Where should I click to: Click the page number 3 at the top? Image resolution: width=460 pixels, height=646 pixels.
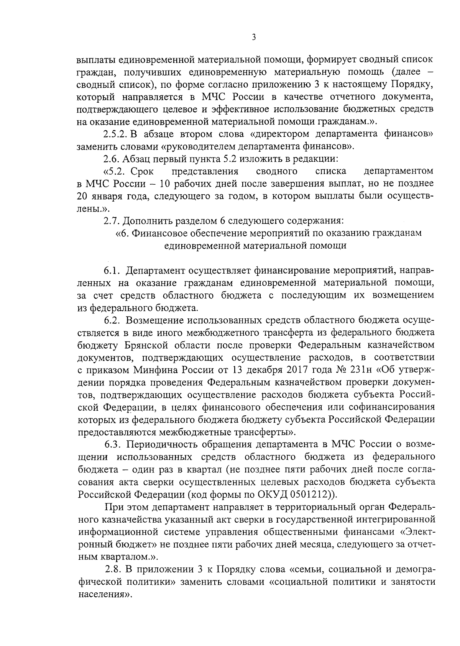point(253,38)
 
